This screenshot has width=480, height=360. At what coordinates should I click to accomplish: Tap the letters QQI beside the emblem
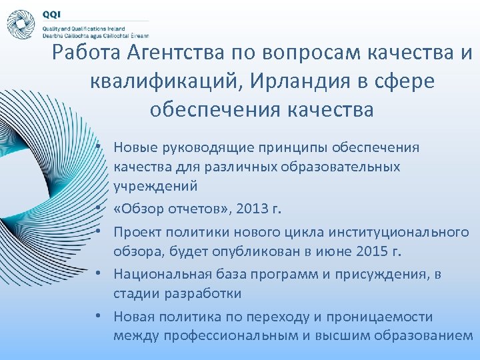click(x=52, y=14)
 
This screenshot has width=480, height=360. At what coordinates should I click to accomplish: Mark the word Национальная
click(x=155, y=274)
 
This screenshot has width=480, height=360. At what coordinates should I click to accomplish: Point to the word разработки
click(x=201, y=293)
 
